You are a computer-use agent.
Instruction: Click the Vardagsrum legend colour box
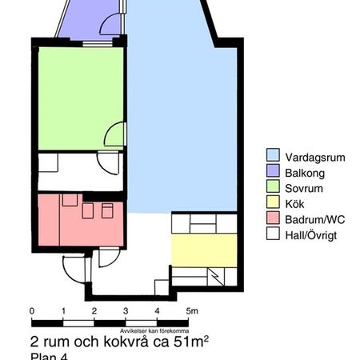pos(273,158)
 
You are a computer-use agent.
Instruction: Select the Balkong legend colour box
pos(273,173)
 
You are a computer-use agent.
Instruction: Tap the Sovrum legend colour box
pos(273,188)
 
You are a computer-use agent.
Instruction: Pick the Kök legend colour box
pos(273,203)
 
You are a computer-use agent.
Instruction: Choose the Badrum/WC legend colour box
pos(273,218)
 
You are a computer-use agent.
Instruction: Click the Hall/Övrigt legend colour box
pos(273,234)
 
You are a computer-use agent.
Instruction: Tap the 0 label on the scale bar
pos(31,310)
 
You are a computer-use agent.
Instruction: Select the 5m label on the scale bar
pos(190,310)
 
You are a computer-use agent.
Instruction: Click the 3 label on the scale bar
pos(126,310)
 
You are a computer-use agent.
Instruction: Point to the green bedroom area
pos(76,100)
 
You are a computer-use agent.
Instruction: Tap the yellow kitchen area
pos(204,250)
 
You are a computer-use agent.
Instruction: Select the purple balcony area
pos(84,20)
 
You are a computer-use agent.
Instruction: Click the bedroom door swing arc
pos(114,133)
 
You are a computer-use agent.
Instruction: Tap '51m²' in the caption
pos(191,342)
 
